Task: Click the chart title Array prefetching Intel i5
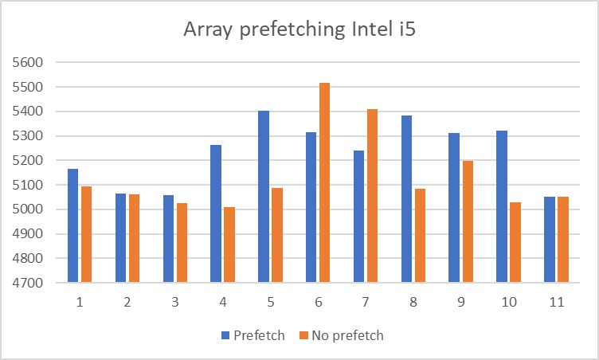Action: point(299,30)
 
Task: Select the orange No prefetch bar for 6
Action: point(324,182)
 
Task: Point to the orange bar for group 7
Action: point(372,196)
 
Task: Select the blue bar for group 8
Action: point(407,199)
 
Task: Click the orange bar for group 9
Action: point(467,221)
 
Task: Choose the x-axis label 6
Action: point(318,303)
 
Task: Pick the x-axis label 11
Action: point(556,303)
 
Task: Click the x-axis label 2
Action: point(127,303)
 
